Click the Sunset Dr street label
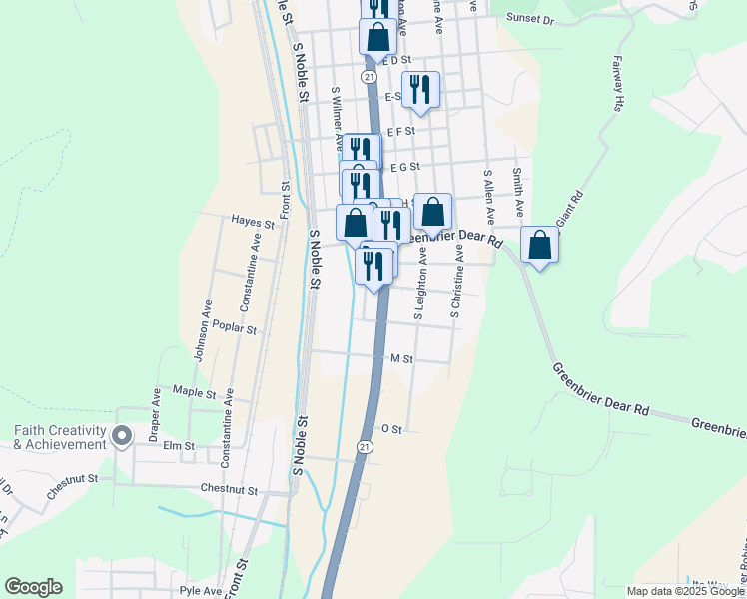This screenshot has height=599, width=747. point(528,18)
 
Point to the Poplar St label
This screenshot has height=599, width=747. point(236,328)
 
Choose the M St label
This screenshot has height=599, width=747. point(402,357)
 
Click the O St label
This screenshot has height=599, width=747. point(392,429)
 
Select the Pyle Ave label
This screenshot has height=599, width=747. point(200,590)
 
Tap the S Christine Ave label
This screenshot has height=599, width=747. point(457,284)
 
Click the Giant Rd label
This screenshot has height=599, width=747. point(568,209)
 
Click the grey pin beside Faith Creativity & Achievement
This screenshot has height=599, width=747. point(123,436)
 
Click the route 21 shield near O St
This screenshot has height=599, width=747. point(366,449)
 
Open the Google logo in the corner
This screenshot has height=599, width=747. point(33,587)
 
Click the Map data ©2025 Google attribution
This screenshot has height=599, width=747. point(685,591)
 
